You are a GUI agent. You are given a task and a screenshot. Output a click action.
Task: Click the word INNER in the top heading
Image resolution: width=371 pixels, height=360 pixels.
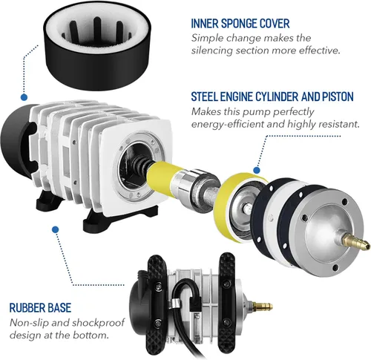point(206,22)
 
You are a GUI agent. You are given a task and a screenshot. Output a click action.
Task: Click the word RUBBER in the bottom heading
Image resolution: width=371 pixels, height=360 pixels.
point(28,306)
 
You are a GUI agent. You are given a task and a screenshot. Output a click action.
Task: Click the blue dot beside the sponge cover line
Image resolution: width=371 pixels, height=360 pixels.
point(24,96)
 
